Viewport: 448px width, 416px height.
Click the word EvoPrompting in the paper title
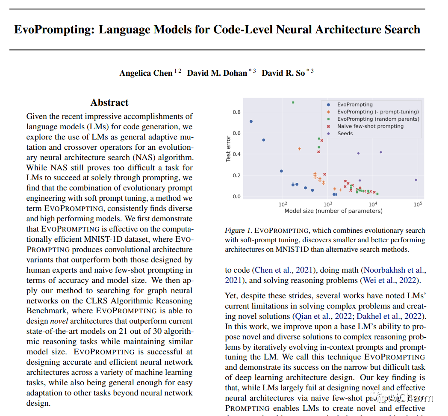(x=53, y=30)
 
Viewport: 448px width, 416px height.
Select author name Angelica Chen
(x=146, y=73)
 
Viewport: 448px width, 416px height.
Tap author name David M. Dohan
(x=217, y=73)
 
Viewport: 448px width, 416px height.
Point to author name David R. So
(x=283, y=73)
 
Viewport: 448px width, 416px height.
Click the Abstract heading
(x=109, y=102)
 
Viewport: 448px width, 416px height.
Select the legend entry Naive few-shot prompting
(x=370, y=126)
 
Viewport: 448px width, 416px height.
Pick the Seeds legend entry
(x=345, y=134)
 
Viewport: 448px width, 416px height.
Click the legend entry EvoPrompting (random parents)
(x=378, y=119)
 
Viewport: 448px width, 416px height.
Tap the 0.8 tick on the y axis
(x=236, y=112)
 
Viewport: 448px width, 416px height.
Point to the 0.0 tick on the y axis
(x=236, y=196)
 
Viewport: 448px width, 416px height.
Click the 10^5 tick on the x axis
(x=418, y=204)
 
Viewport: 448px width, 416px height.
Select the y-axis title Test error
(x=228, y=149)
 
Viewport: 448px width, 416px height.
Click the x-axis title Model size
(x=333, y=211)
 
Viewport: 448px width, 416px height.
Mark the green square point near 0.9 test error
(x=293, y=102)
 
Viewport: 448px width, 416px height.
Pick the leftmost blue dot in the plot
(x=251, y=121)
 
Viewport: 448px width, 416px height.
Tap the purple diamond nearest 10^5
(x=416, y=180)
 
